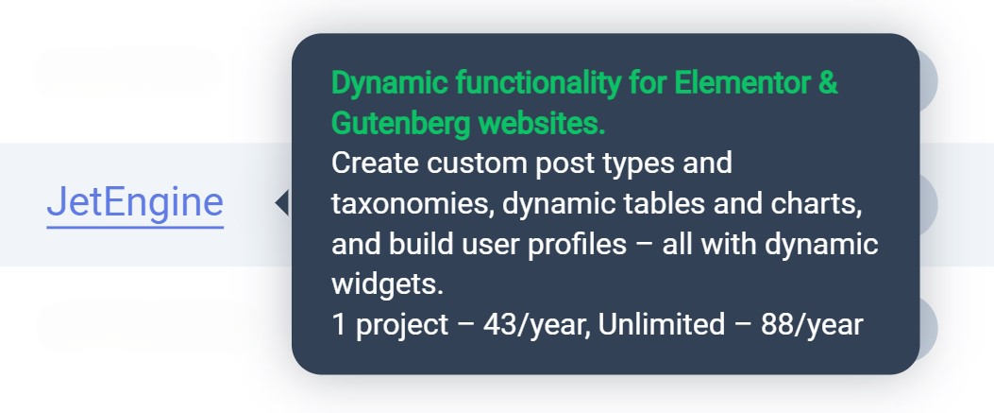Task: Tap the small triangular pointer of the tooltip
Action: [282, 203]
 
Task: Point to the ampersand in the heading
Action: [827, 83]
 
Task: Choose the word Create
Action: [375, 163]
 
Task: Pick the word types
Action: [634, 165]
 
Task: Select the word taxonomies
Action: [413, 204]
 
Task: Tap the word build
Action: [412, 244]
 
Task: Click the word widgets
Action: [387, 284]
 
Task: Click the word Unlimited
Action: [661, 325]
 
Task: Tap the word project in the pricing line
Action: [402, 326]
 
